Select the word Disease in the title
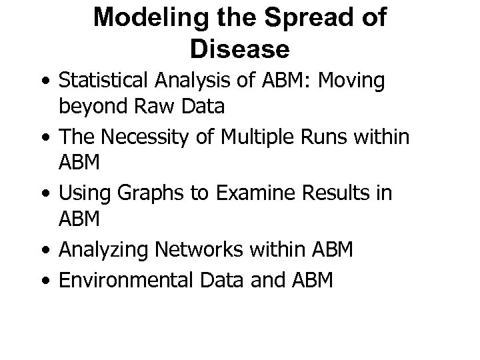[x=239, y=48]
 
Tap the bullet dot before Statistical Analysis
[x=45, y=81]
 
